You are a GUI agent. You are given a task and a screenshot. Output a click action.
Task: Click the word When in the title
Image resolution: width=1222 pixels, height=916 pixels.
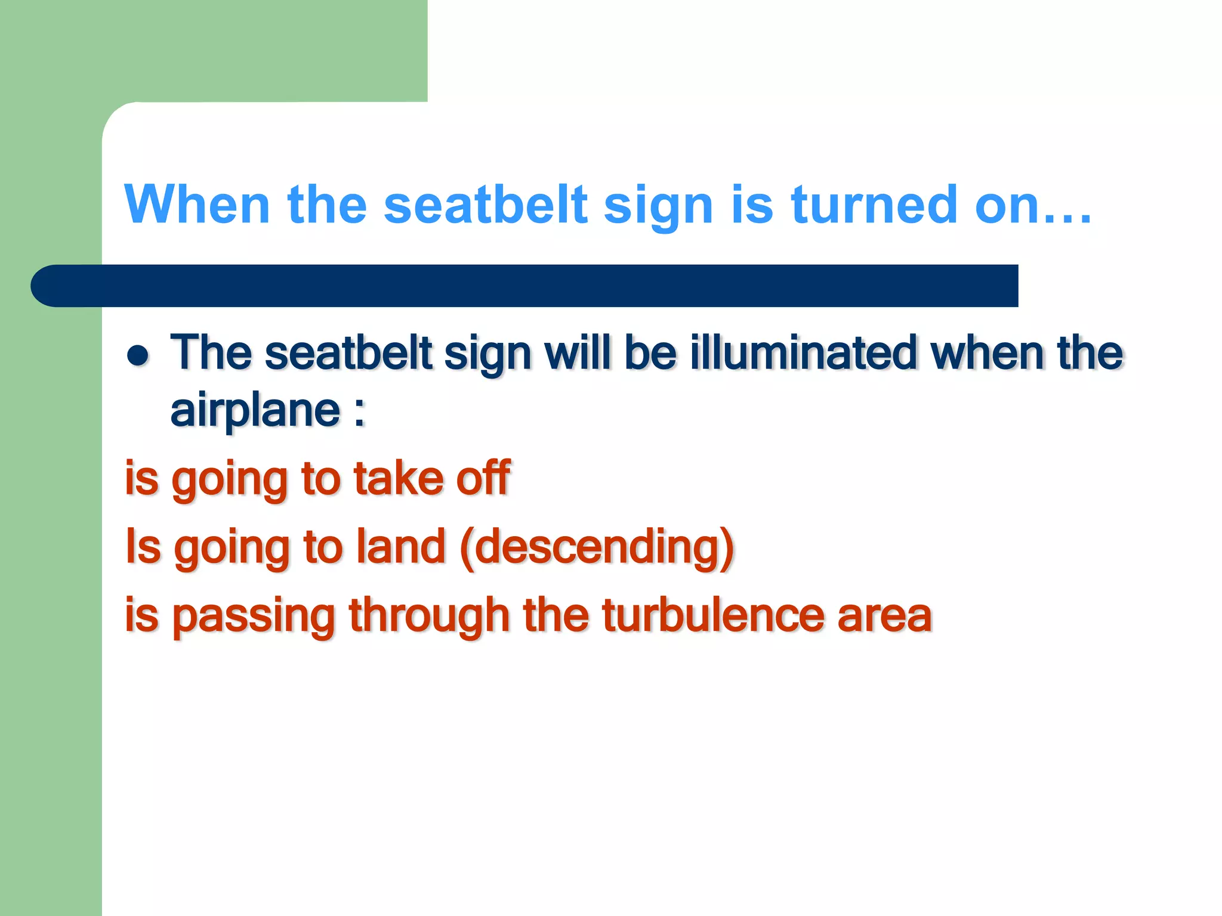point(197,205)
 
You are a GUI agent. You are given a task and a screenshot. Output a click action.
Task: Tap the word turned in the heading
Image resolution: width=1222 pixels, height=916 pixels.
point(874,205)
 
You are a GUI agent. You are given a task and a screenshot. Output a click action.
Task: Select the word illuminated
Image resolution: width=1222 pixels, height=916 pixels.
point(803,352)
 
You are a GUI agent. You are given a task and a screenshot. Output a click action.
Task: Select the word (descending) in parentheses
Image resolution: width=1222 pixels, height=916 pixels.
point(597,547)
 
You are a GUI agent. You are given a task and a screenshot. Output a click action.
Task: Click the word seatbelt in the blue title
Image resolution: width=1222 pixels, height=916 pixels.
point(486,205)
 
